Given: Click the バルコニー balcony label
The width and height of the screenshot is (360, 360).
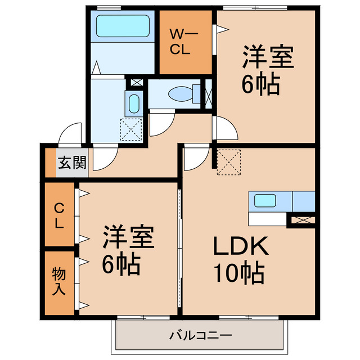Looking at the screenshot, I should click(x=200, y=336).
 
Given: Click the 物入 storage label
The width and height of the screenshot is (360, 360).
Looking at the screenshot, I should click(x=59, y=282).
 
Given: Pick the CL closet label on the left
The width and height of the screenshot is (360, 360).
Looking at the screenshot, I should click(x=59, y=215).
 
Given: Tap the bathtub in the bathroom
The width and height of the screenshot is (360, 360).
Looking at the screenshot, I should click(x=122, y=25).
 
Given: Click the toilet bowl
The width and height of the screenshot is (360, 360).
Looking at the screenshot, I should click(x=182, y=92).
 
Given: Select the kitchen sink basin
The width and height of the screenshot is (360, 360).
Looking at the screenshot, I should click(x=264, y=201).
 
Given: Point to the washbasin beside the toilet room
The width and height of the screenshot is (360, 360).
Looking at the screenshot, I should click(x=134, y=103).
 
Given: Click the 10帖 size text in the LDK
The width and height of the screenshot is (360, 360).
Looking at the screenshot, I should click(x=237, y=273).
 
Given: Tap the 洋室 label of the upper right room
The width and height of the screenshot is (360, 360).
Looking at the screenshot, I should click(x=267, y=58).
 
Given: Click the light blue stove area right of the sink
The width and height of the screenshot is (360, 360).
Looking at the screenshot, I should click(x=303, y=201).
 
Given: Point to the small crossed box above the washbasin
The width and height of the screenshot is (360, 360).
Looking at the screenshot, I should click(x=135, y=83).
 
